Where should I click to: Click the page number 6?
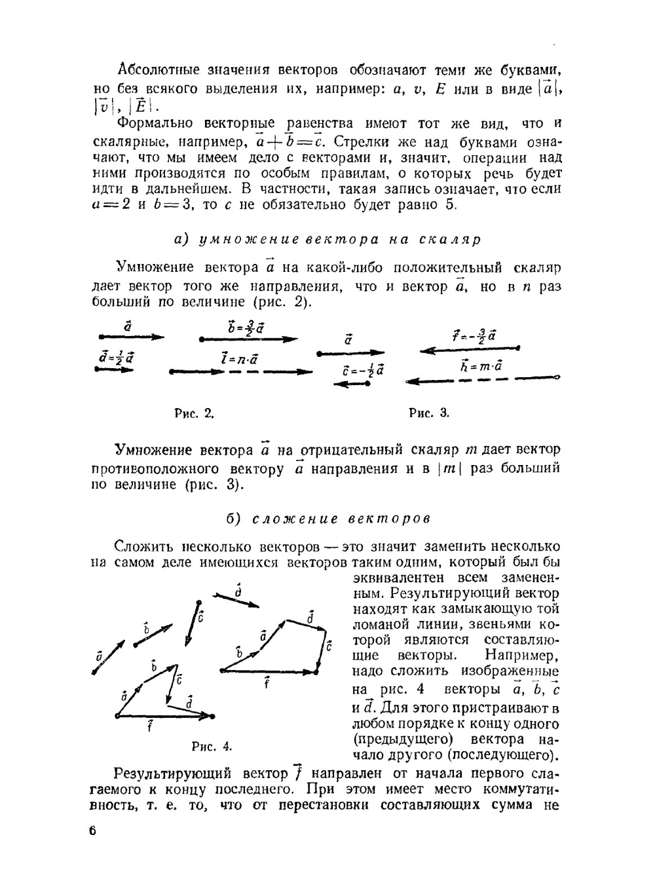pos(92,830)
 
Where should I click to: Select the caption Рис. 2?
pos(195,413)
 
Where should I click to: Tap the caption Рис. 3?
pos(429,413)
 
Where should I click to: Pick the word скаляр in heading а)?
pos(454,239)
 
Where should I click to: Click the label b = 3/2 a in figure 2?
pos(246,327)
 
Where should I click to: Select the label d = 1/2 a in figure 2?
pos(117,357)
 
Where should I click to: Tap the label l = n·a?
pos(239,359)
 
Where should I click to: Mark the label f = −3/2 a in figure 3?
pos(474,336)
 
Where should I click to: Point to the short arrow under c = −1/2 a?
pos(352,384)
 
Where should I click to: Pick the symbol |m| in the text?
pos(449,469)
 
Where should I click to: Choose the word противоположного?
pos(156,469)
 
